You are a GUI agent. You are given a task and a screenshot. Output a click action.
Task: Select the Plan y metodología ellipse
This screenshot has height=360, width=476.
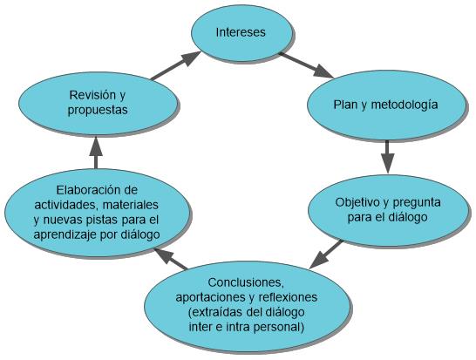(386, 105)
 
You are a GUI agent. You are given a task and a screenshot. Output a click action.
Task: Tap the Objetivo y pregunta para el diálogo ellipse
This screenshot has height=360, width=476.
(388, 210)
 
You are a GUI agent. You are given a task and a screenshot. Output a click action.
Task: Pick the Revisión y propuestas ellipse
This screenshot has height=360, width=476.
(98, 103)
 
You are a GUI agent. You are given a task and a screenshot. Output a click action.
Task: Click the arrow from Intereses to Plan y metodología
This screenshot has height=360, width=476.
(306, 65)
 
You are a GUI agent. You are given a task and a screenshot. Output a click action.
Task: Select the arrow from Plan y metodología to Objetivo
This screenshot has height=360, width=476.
(388, 157)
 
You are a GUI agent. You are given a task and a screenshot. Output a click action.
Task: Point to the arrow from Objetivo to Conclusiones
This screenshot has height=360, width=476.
(326, 255)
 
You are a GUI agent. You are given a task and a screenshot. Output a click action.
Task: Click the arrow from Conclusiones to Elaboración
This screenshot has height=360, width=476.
(170, 258)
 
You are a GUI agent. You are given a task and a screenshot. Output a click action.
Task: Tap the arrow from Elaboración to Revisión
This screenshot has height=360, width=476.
(96, 153)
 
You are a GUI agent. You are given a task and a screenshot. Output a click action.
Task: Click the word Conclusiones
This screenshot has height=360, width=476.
(246, 282)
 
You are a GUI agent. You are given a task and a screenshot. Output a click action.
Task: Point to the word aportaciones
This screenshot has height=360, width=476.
(211, 298)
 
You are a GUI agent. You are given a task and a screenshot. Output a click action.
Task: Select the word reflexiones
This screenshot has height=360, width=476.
(288, 297)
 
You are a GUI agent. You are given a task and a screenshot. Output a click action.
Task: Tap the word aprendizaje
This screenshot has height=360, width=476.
(64, 235)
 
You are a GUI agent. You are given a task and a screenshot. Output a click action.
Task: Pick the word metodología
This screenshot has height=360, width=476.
(405, 105)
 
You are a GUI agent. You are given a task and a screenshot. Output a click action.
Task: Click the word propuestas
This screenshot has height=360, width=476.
(98, 111)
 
